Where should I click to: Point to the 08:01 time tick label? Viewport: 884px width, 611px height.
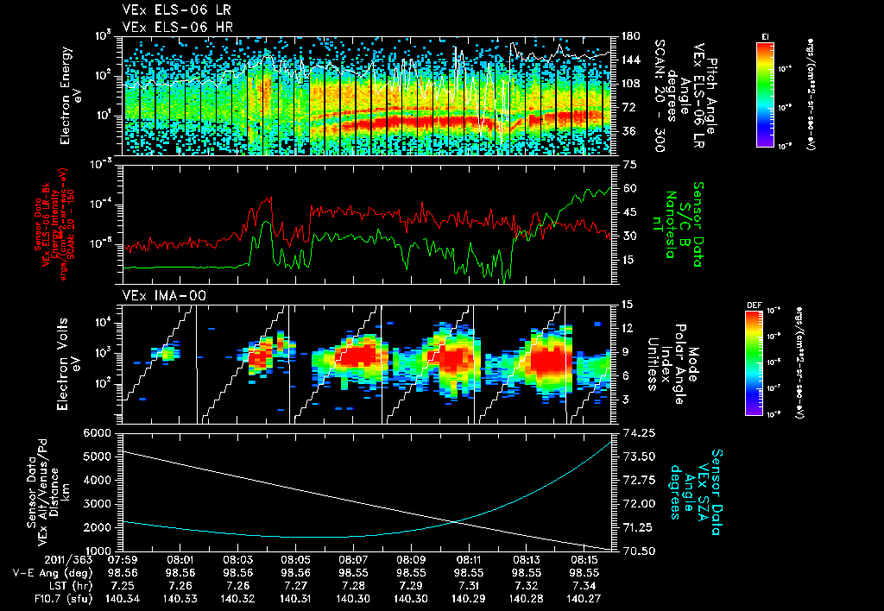point(180,560)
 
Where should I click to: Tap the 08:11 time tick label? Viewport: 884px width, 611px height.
point(468,560)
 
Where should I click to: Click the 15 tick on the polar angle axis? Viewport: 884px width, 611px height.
point(627,304)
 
